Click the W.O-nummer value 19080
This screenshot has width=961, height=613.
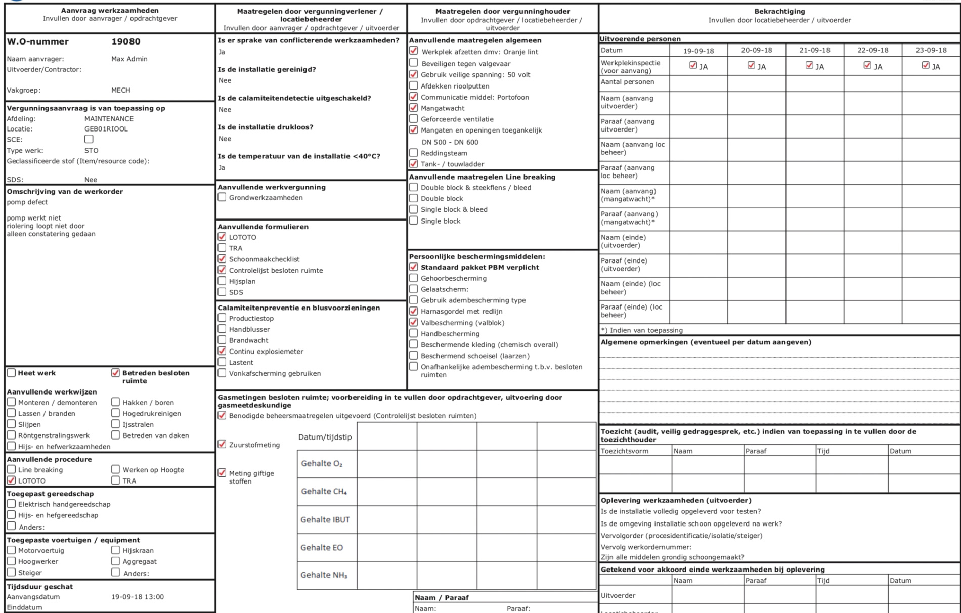pyautogui.click(x=126, y=42)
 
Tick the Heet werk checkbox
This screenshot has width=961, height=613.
pyautogui.click(x=11, y=373)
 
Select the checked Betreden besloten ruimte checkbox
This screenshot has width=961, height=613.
pyautogui.click(x=115, y=373)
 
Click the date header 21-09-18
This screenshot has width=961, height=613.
pyautogui.click(x=814, y=50)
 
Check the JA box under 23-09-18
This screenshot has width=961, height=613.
pyautogui.click(x=925, y=65)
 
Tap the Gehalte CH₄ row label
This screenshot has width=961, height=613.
pyautogui.click(x=324, y=491)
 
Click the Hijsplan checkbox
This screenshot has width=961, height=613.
pyautogui.click(x=222, y=281)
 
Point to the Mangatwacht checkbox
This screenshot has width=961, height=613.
pyautogui.click(x=413, y=108)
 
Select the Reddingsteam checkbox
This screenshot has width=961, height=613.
pyautogui.click(x=413, y=153)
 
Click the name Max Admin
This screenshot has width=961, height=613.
pyautogui.click(x=129, y=59)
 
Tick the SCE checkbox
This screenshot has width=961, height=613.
pyautogui.click(x=89, y=139)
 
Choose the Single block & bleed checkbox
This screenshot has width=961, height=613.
pyautogui.click(x=413, y=209)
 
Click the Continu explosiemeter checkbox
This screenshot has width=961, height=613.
pyautogui.click(x=222, y=351)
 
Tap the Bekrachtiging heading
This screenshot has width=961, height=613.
pyautogui.click(x=779, y=11)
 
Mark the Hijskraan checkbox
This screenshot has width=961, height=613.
pyautogui.click(x=115, y=550)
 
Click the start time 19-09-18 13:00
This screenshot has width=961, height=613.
pyautogui.click(x=138, y=597)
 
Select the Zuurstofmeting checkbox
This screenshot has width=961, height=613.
pyautogui.click(x=222, y=444)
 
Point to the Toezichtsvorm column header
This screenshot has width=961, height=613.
pyautogui.click(x=624, y=451)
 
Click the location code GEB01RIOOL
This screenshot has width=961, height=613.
pyautogui.click(x=106, y=129)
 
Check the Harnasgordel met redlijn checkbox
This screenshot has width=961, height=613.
pyautogui.click(x=413, y=311)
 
